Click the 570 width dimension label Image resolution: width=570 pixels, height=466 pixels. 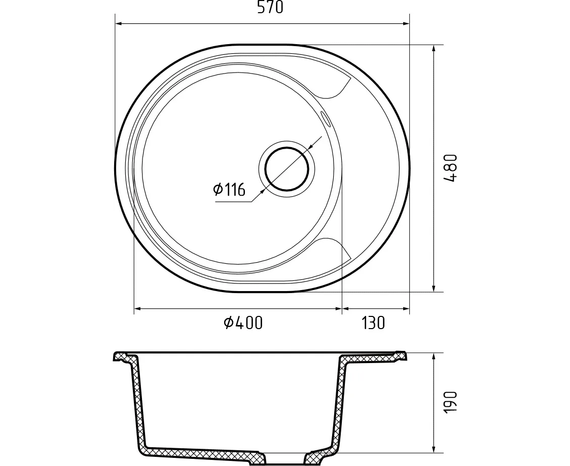[270, 7]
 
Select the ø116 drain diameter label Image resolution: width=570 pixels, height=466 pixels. [229, 189]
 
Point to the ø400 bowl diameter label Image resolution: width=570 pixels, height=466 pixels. [243, 323]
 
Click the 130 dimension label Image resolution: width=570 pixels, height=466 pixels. [373, 323]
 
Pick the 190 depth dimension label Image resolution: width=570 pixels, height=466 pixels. [450, 403]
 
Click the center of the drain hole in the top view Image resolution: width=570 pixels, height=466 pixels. [287, 169]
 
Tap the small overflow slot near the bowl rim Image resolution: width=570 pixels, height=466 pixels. [326, 119]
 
